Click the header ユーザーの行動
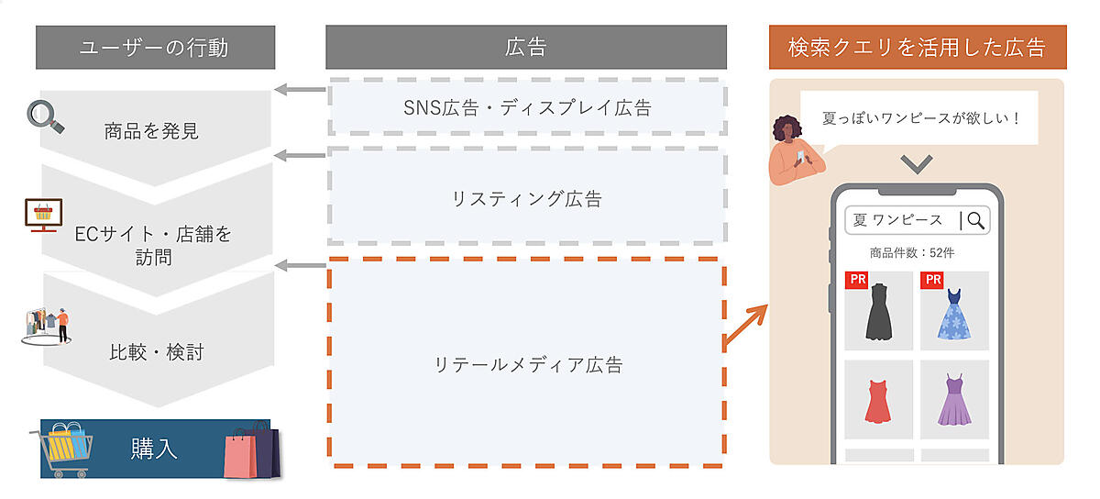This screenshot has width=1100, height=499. coord(154,48)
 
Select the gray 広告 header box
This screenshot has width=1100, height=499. coord(526,48)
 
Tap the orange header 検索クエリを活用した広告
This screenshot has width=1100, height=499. coord(917,48)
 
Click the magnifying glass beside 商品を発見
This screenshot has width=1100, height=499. coord(45,116)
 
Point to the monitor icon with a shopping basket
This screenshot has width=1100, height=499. coord(42,215)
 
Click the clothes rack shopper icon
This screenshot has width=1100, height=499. coord(47,326)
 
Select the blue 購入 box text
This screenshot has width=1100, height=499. coord(154,449)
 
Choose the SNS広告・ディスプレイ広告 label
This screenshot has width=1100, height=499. coord(527,107)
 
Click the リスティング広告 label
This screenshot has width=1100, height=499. coord(527,198)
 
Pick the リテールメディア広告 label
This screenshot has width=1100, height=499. coord(527,364)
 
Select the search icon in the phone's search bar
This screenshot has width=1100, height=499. coord(975,220)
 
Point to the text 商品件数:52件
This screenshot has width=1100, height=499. coord(917,252)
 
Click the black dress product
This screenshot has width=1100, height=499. coord(879,313)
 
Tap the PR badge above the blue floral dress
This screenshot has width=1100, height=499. coord(932,280)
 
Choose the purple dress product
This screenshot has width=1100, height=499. coord(954,400)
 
